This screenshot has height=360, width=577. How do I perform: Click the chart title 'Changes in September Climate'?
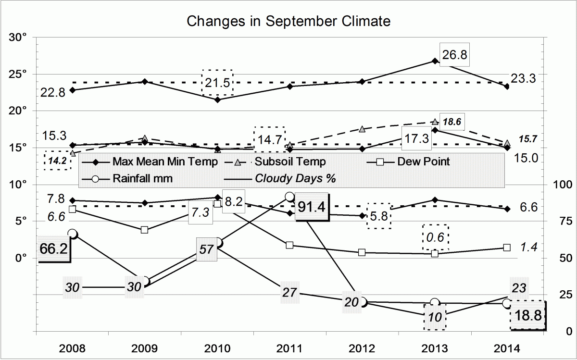[x=288, y=21]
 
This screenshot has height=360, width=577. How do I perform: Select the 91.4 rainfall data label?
[x=311, y=207]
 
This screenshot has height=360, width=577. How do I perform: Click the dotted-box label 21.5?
[x=217, y=83]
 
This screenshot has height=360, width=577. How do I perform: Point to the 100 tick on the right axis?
[x=561, y=185]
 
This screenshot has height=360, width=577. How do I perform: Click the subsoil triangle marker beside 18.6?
[x=435, y=122]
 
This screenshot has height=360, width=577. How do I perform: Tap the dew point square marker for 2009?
[x=145, y=230]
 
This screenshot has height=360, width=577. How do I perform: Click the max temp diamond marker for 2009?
[x=145, y=82]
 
